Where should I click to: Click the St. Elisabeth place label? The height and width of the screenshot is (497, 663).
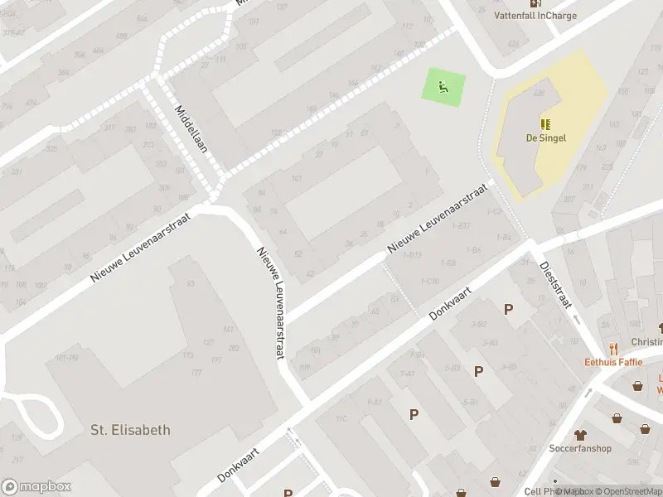click(130, 430)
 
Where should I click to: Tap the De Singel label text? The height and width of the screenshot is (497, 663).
click(545, 138)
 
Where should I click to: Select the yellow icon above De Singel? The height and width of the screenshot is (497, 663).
click(545, 124)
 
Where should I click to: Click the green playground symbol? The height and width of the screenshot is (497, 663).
click(443, 85)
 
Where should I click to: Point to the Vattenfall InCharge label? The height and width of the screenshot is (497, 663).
click(535, 15)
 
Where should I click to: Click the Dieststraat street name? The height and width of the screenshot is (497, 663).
click(556, 285)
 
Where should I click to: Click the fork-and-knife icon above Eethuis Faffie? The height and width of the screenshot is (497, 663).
click(613, 349)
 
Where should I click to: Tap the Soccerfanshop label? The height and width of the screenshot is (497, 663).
click(580, 449)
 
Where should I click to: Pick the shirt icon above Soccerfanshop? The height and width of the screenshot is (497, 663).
click(580, 435)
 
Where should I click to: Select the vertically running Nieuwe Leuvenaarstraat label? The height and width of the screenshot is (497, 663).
click(270, 302)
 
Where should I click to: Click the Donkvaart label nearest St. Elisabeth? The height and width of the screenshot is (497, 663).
click(239, 465)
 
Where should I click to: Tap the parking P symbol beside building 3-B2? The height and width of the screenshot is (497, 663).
click(508, 309)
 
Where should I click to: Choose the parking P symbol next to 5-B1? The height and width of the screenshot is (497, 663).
click(478, 372)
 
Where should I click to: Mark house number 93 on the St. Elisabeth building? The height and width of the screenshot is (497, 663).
click(191, 284)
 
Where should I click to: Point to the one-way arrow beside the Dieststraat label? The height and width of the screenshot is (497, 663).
click(574, 318)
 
